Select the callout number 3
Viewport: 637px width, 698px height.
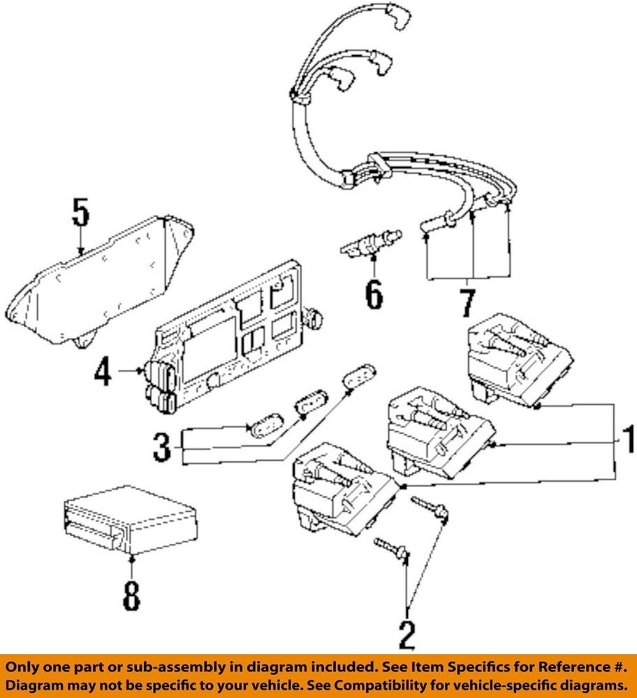click(x=161, y=447)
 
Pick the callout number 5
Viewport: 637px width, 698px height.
click(x=81, y=214)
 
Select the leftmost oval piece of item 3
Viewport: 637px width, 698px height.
click(x=263, y=428)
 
